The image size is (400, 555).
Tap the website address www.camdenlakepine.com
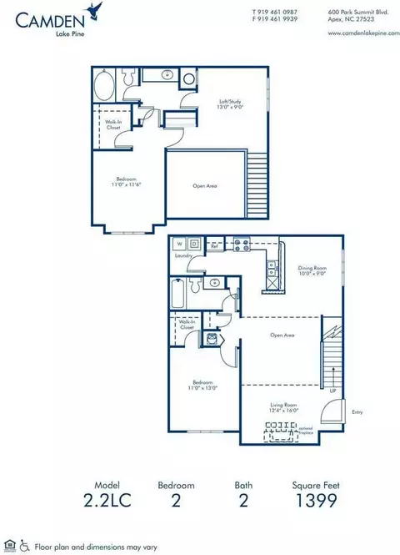pyautogui.click(x=361, y=33)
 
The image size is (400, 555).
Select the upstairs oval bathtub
pyautogui.click(x=105, y=87)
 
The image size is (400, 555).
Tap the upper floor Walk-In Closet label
pyautogui.click(x=114, y=126)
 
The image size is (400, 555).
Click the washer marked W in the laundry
pyautogui.click(x=177, y=245)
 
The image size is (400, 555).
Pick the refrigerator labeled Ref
pyautogui.click(x=215, y=247)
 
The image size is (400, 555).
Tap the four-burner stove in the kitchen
pyautogui.click(x=241, y=245)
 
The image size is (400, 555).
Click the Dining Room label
pyautogui.click(x=313, y=271)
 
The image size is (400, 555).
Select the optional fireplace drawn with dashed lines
pyautogui.click(x=283, y=431)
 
